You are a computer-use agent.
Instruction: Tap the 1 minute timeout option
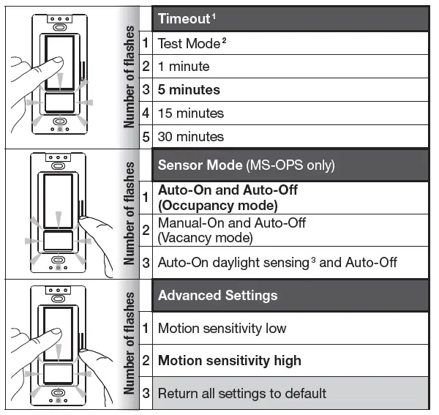[x=184, y=67]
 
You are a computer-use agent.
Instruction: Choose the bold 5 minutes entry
[x=189, y=90]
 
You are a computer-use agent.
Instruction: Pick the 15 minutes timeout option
[x=190, y=113]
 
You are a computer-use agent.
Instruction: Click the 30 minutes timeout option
[x=190, y=137]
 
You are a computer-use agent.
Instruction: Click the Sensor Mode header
[x=246, y=165]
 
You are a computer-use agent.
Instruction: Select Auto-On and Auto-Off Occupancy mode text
[x=228, y=198]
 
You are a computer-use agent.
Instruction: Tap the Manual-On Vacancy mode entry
[x=232, y=230]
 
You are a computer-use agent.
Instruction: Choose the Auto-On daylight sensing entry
[x=277, y=262]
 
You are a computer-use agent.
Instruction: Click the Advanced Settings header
[x=217, y=296]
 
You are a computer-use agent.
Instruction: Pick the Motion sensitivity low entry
[x=222, y=329]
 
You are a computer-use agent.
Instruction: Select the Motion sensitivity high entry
[x=229, y=361]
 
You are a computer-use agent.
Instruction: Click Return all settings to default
[x=241, y=393]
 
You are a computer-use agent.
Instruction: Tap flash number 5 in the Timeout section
[x=146, y=137]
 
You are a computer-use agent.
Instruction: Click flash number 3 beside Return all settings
[x=146, y=393]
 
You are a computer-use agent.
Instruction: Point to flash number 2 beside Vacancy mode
[x=146, y=230]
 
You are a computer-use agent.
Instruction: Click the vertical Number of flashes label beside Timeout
[x=129, y=77]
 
